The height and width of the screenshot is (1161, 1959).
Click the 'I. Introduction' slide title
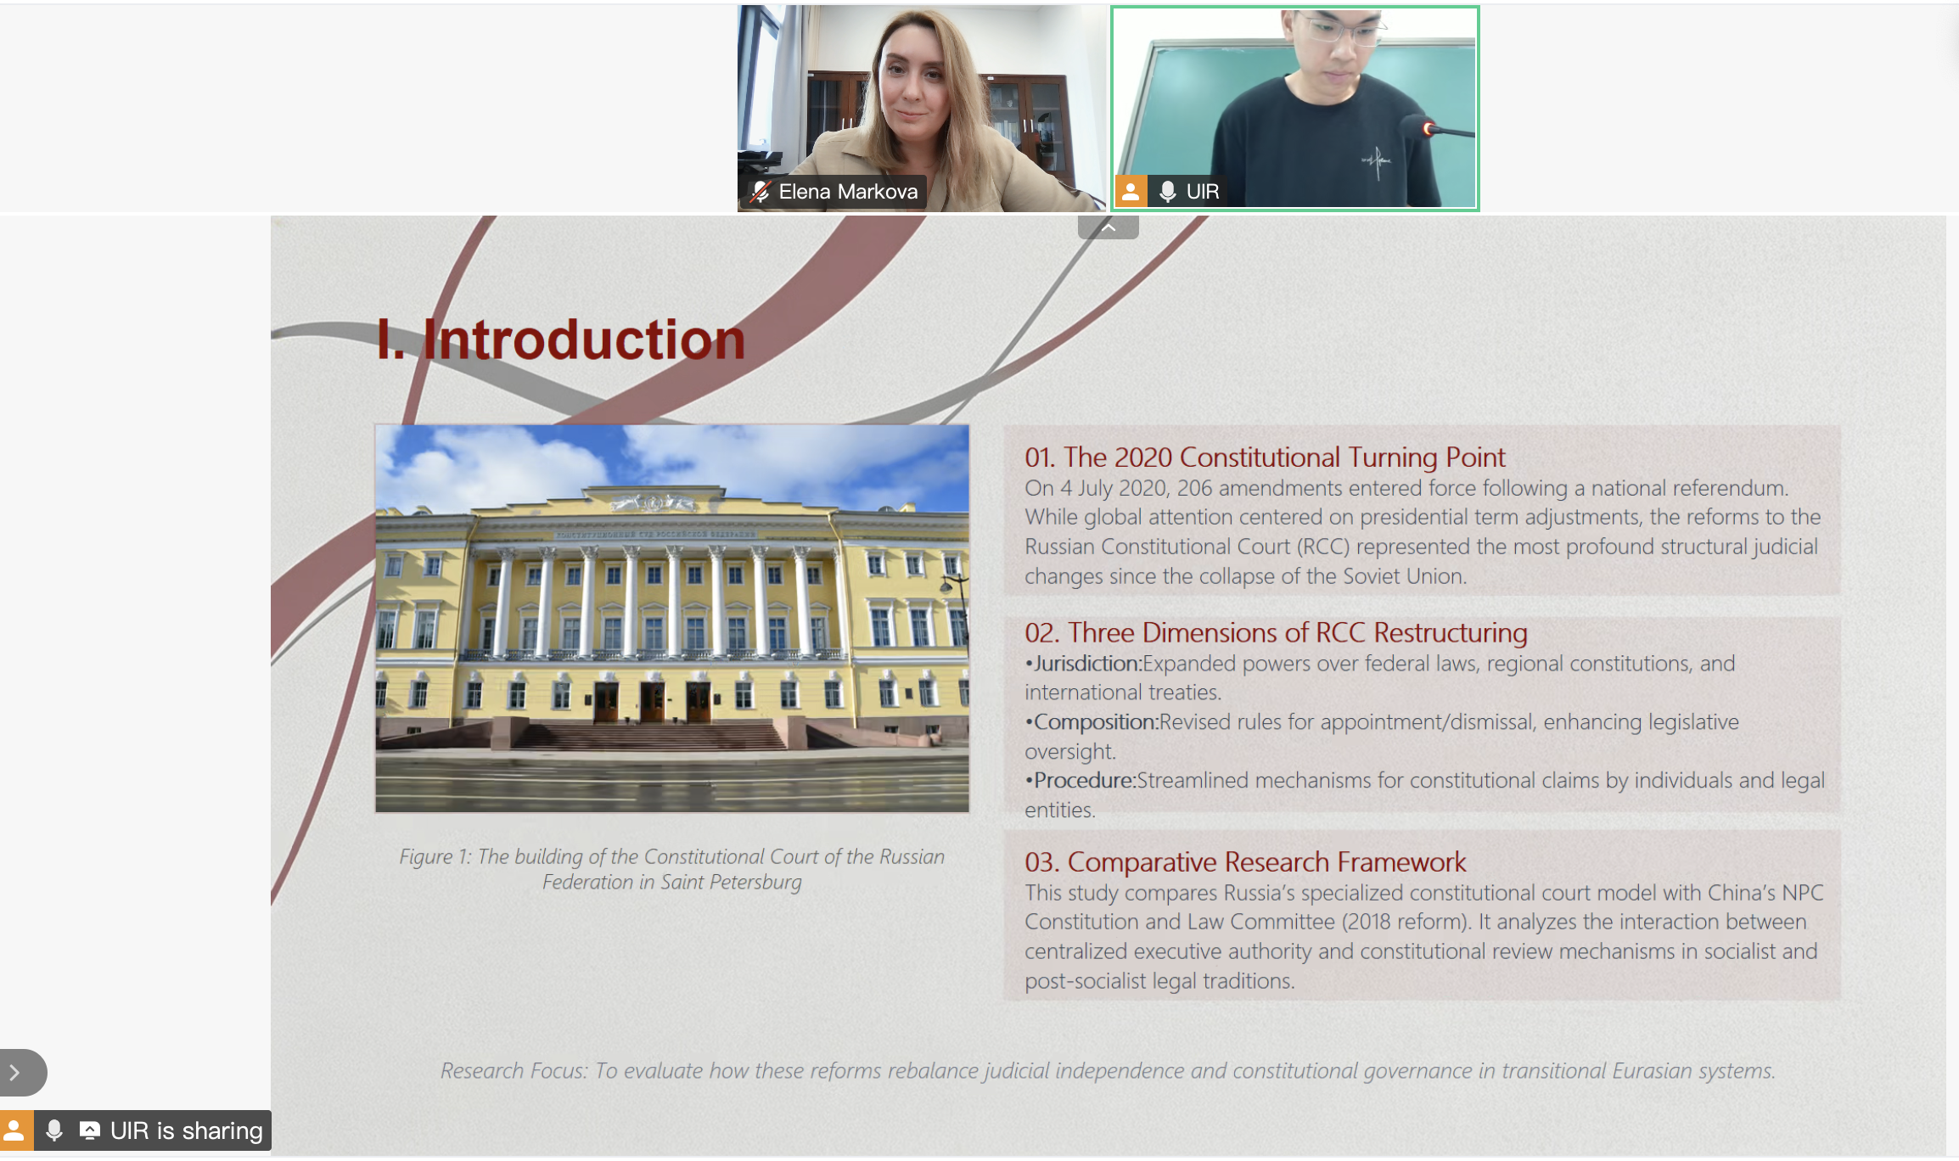(561, 339)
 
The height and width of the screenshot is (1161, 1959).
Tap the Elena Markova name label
(848, 192)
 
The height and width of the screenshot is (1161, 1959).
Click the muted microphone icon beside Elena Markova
(760, 192)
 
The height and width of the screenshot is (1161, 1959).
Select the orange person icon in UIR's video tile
(1131, 192)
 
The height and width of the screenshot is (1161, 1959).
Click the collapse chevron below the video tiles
(1109, 227)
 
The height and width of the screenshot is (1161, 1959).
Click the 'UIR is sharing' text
(187, 1130)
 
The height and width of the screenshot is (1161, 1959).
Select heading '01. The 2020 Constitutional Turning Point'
(1265, 457)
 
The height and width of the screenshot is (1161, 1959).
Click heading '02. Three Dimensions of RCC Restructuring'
(1276, 633)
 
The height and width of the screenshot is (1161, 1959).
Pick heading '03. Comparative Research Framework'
(1245, 862)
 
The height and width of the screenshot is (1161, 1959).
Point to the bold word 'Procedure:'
(1085, 781)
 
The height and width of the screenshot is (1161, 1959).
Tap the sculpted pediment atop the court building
(653, 502)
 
